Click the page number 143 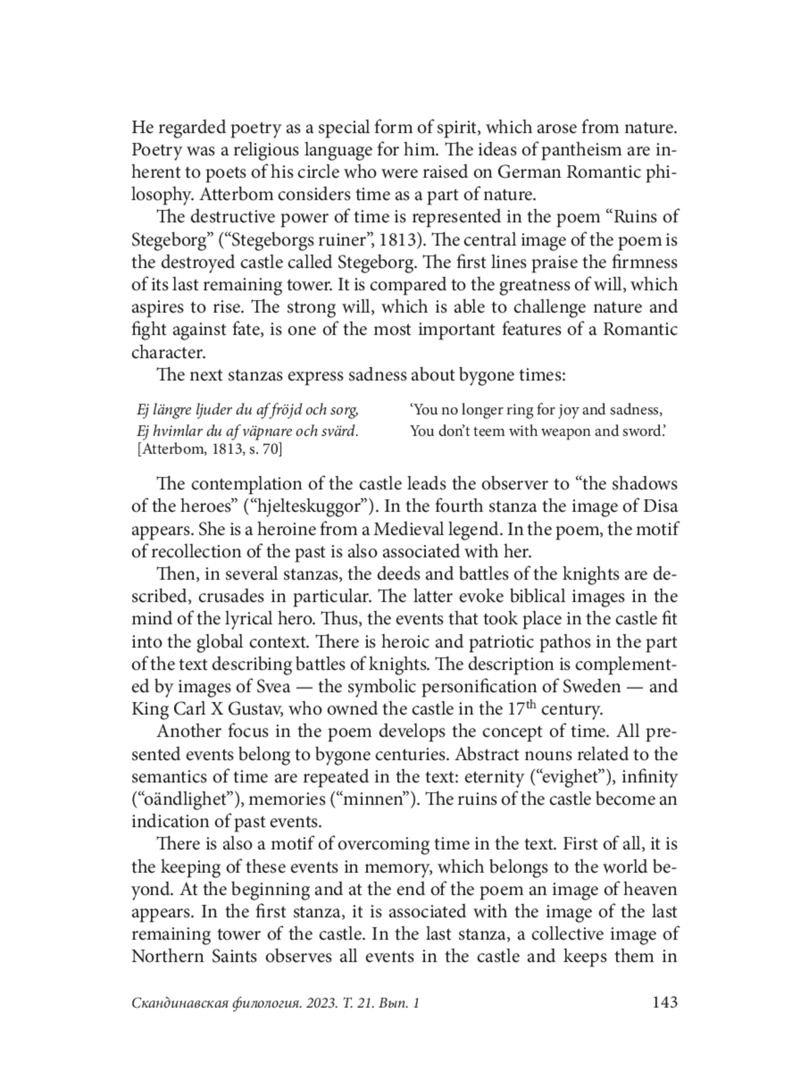[x=664, y=1002]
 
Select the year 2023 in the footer [x=322, y=1004]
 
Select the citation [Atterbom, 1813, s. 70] [x=209, y=449]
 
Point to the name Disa [x=661, y=506]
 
